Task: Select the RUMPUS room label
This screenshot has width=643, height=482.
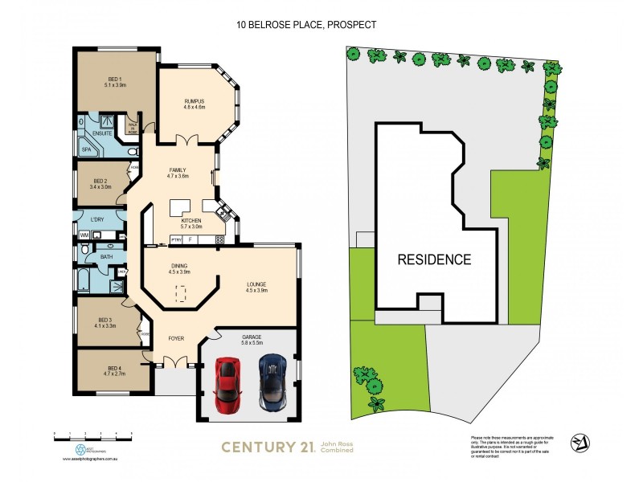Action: point(195,100)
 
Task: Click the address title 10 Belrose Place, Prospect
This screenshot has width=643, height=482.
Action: point(305,25)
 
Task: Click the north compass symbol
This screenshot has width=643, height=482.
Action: point(577,443)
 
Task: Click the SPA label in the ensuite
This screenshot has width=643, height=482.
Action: point(86,149)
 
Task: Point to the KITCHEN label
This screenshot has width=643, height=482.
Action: point(190,220)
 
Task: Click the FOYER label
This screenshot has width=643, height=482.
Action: point(176,338)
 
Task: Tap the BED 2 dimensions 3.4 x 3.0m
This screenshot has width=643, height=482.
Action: point(100,187)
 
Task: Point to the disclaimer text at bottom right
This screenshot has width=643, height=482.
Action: point(501,447)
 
